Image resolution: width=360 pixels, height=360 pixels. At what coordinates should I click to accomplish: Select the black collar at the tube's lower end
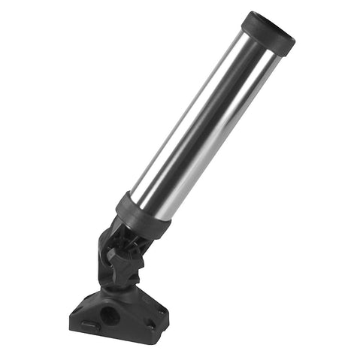point(143,216)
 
